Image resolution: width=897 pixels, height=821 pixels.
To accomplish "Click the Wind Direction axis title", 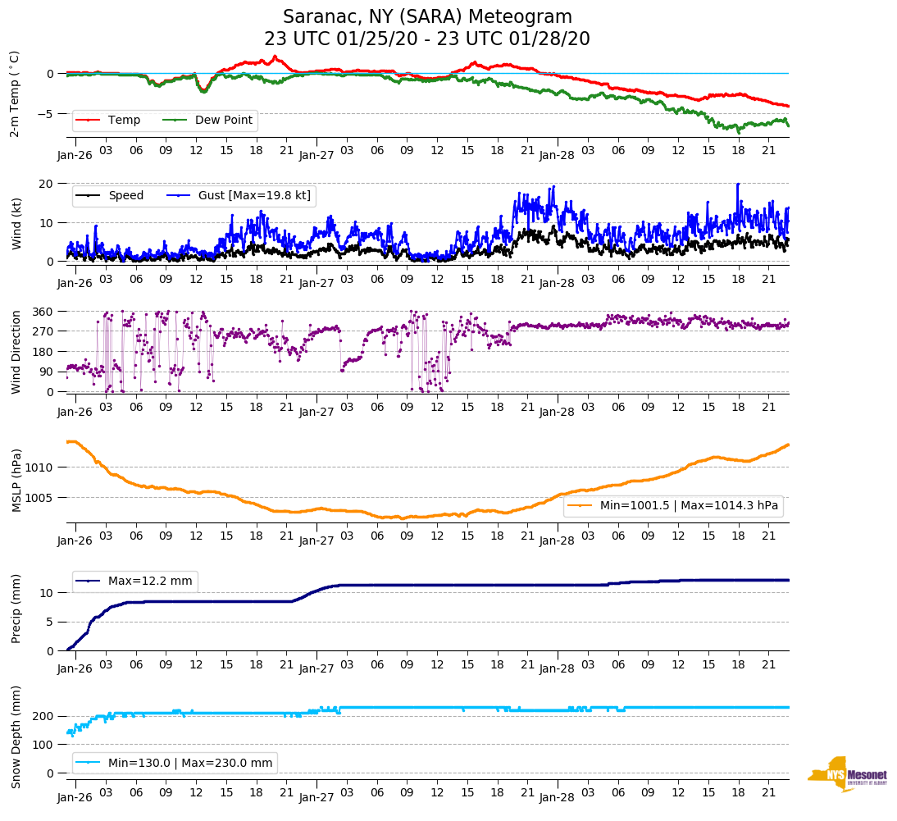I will (x=16, y=352).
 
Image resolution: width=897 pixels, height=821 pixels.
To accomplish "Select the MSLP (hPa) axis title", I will (x=16, y=481).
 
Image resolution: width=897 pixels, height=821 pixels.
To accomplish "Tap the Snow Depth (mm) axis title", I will (x=16, y=736).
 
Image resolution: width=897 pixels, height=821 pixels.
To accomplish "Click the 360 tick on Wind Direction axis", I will (x=43, y=312).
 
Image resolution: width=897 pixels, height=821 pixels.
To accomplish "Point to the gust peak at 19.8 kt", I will (x=738, y=184).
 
